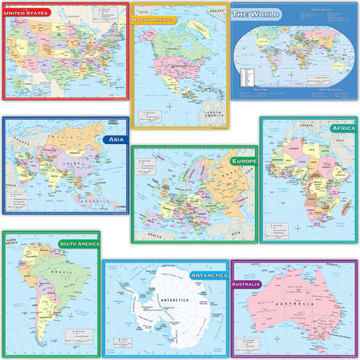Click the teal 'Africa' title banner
coord(342,127)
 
